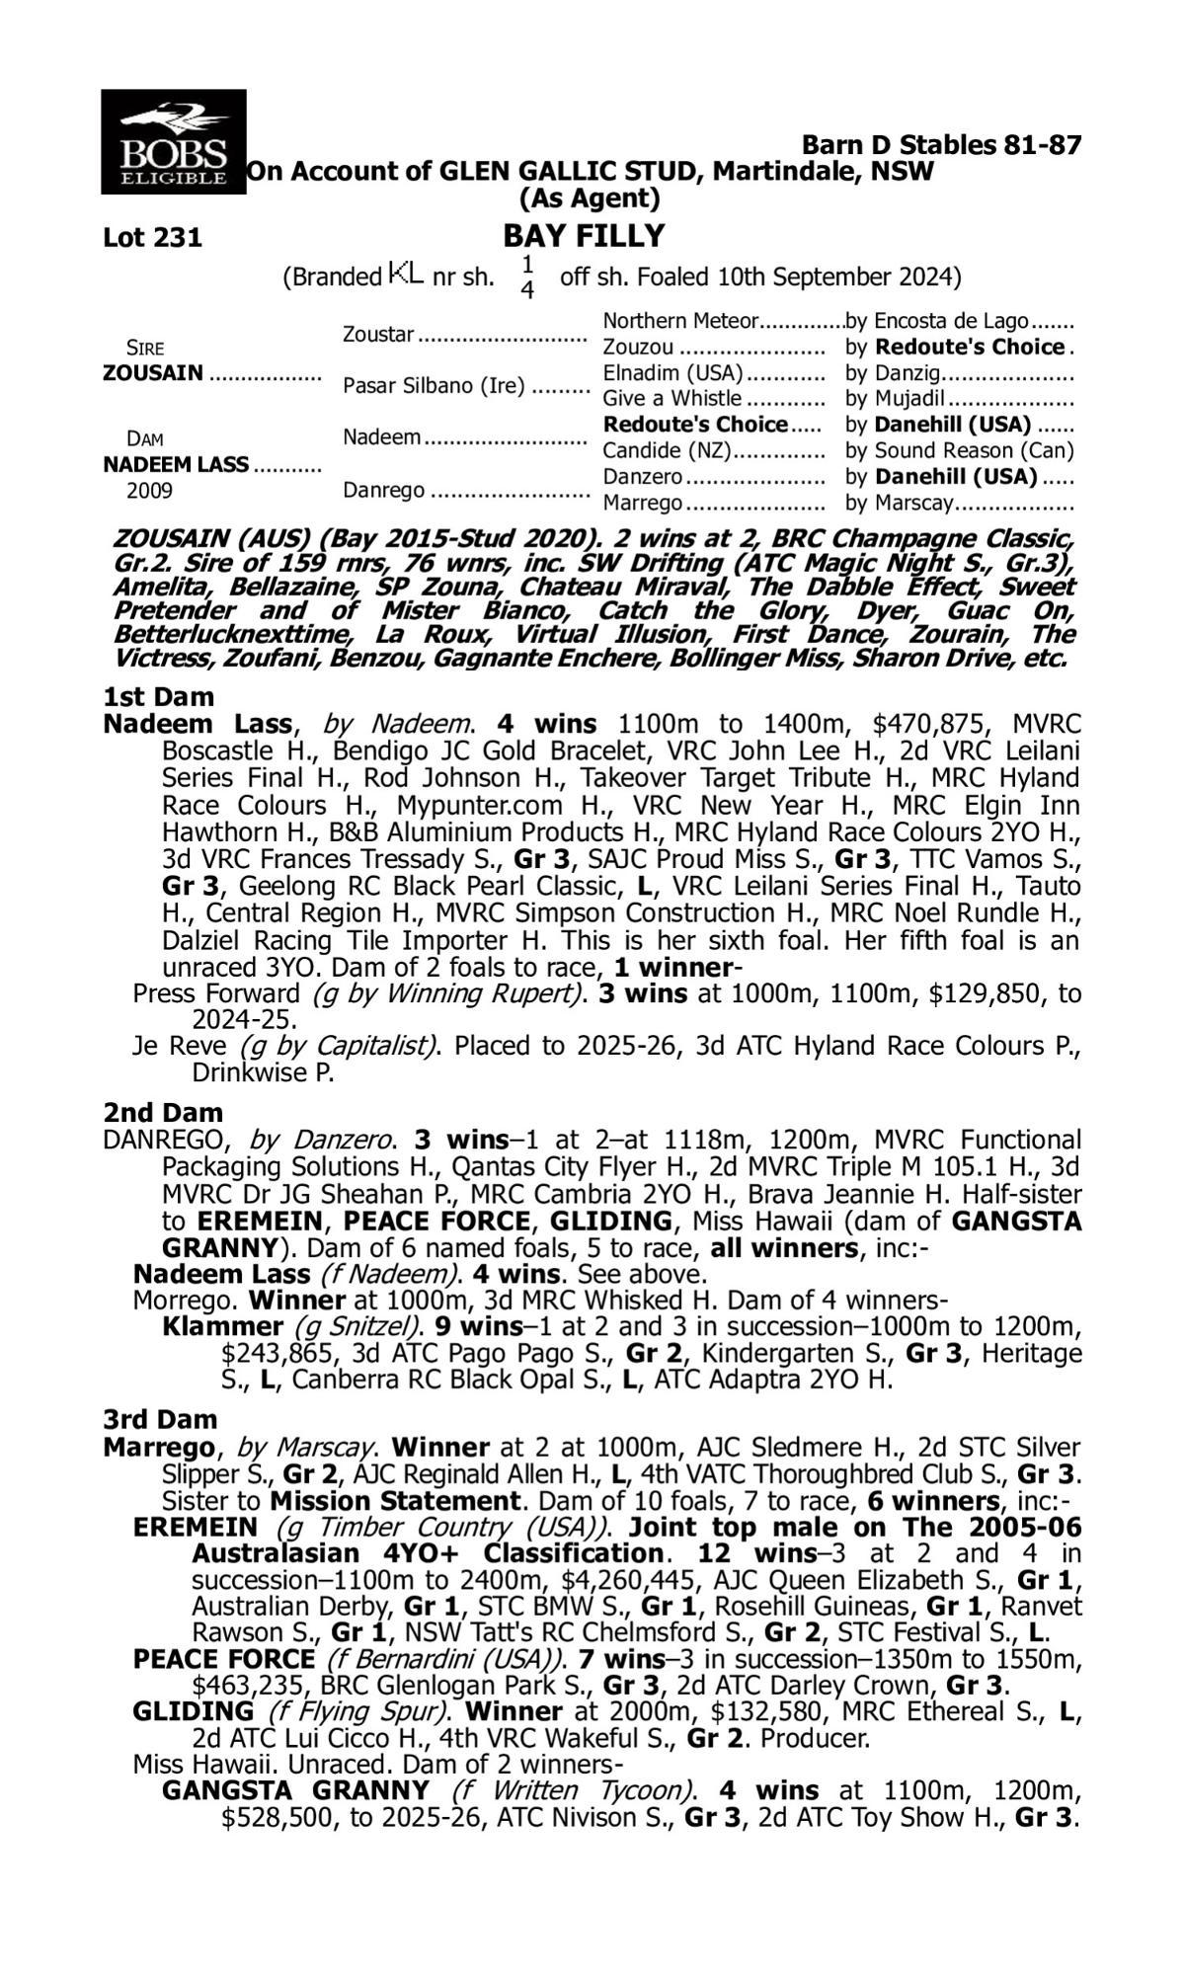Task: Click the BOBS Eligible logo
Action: pos(173,141)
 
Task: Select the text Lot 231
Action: pos(152,238)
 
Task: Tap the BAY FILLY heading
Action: pos(584,236)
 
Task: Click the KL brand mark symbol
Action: pos(406,273)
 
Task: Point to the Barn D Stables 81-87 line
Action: pos(941,145)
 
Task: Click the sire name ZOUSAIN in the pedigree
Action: pos(153,373)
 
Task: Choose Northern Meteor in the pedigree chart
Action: pos(680,322)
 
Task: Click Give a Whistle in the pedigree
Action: pos(671,399)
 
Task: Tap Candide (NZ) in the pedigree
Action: pos(667,451)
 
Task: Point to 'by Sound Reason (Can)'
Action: pos(959,451)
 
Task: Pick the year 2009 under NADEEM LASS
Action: pos(149,491)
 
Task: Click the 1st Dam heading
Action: pos(159,698)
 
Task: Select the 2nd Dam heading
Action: pos(163,1114)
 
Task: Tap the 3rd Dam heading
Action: pos(160,1420)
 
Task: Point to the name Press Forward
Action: pos(215,993)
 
